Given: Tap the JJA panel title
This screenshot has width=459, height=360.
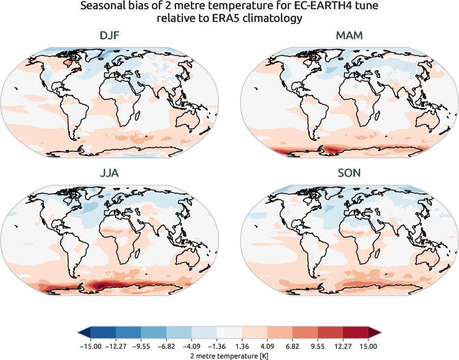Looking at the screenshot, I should (x=109, y=173).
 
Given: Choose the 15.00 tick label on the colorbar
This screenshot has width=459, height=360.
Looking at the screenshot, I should (x=368, y=346).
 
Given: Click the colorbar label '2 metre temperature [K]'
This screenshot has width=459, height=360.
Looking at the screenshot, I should (x=230, y=354).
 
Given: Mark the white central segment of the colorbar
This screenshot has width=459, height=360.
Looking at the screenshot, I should (x=230, y=333).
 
